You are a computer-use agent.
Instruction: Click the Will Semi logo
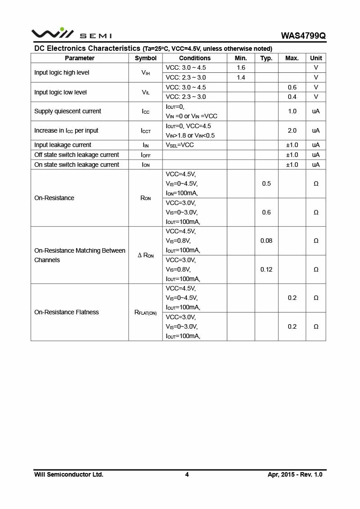pyautogui.click(x=71, y=34)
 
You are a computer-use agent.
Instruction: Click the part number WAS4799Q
pyautogui.click(x=303, y=36)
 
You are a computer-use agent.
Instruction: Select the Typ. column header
pyautogui.click(x=266, y=58)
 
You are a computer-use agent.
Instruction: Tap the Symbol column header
pyautogui.click(x=145, y=58)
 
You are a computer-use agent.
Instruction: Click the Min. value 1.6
pyautogui.click(x=241, y=67)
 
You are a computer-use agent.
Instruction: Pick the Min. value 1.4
pyautogui.click(x=241, y=77)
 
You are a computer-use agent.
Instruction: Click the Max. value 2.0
pyautogui.click(x=292, y=130)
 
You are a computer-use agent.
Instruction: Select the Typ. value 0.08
pyautogui.click(x=266, y=241)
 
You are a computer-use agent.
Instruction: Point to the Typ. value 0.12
pyautogui.click(x=266, y=269)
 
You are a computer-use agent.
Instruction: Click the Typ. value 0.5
pyautogui.click(x=266, y=183)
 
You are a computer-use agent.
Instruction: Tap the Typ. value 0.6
pyautogui.click(x=266, y=212)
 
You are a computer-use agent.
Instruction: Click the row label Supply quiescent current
pyautogui.click(x=67, y=111)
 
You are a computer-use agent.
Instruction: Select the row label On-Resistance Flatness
pyautogui.click(x=67, y=312)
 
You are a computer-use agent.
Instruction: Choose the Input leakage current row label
pyautogui.click(x=63, y=145)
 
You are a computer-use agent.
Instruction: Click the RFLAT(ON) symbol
pyautogui.click(x=145, y=313)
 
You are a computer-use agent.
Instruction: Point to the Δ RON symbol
pyautogui.click(x=145, y=255)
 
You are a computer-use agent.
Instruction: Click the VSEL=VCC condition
pyautogui.click(x=180, y=145)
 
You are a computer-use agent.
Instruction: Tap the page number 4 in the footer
pyautogui.click(x=187, y=474)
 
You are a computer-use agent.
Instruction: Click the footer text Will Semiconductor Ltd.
pyautogui.click(x=69, y=474)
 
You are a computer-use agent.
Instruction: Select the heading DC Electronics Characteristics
pyautogui.click(x=87, y=48)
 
